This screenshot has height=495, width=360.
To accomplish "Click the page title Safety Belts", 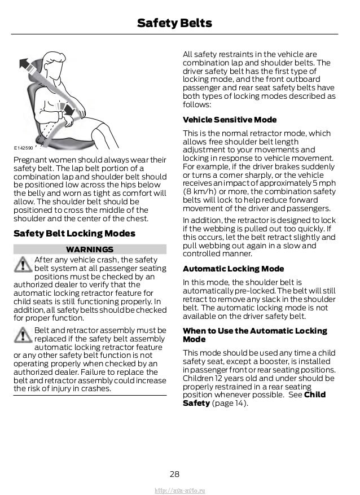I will pyautogui.click(x=174, y=23).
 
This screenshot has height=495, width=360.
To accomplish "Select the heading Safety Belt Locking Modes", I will pyautogui.click(x=74, y=233).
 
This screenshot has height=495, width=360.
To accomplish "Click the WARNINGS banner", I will pyautogui.click(x=90, y=249).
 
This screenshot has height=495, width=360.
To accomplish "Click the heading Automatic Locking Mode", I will pyautogui.click(x=234, y=269).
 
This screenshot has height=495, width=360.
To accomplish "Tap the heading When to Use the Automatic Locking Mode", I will pyautogui.click(x=254, y=335).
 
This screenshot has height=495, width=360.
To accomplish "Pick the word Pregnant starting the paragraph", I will pyautogui.click(x=30, y=159).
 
